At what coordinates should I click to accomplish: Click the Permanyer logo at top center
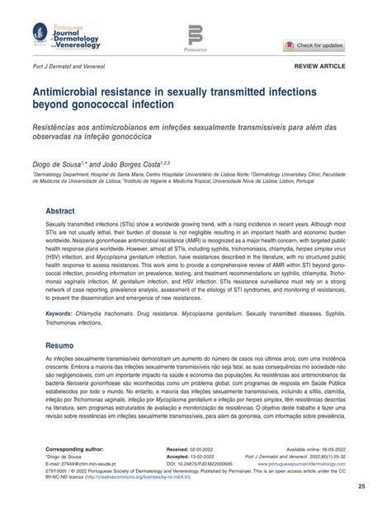pyautogui.click(x=195, y=36)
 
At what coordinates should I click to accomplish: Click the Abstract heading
pyautogui.click(x=60, y=211)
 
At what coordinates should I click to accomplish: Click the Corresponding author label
pyautogui.click(x=75, y=449)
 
